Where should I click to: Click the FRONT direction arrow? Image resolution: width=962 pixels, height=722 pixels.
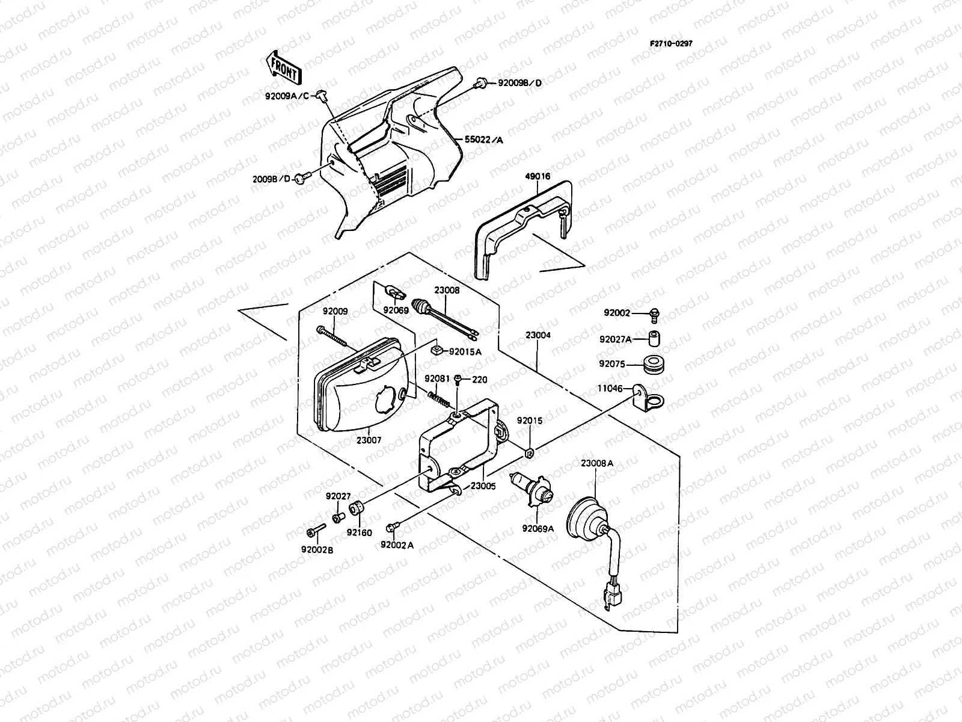point(284,68)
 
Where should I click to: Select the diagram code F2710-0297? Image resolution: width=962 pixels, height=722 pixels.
point(671,43)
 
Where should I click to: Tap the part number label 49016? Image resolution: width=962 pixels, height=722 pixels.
point(538,176)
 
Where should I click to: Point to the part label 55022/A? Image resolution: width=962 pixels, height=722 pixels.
point(484,140)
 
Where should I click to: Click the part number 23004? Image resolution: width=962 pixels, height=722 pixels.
point(538,335)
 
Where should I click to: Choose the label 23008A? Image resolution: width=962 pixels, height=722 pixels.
point(597,463)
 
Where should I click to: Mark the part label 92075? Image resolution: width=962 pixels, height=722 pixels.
point(612,364)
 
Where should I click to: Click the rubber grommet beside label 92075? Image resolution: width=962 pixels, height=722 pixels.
point(654,365)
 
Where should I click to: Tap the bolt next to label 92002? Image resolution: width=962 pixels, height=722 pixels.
point(655,315)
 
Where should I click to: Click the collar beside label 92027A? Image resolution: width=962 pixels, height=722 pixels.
point(654,338)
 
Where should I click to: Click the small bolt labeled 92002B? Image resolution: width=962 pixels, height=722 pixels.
point(316,530)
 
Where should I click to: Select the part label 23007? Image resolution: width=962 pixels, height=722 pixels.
point(369,440)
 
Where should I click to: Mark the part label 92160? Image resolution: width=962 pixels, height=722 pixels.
point(360,532)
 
